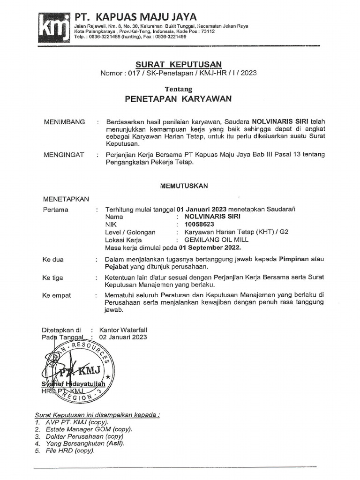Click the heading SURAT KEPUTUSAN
(x=179, y=64)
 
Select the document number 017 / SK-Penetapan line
(x=179, y=73)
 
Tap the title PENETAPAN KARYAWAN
(x=178, y=99)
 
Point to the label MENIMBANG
(x=64, y=122)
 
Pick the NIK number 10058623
(x=199, y=225)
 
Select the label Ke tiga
(x=52, y=278)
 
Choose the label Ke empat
(x=57, y=296)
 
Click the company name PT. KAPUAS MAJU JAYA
(x=136, y=17)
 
